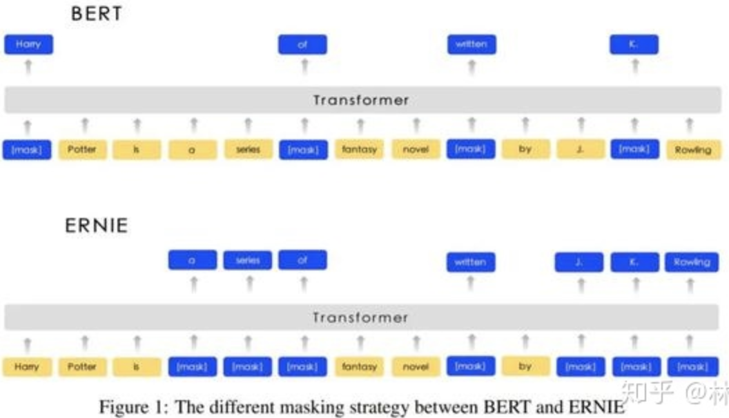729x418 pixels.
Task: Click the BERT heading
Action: tap(96, 14)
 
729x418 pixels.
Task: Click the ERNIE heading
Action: tap(97, 226)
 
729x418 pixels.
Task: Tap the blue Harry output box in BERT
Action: tap(28, 45)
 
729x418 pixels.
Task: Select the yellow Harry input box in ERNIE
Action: tap(27, 367)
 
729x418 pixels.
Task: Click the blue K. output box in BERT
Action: tap(634, 45)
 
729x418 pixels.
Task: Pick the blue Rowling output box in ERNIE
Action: tap(691, 262)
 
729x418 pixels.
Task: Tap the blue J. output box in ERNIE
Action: tap(579, 262)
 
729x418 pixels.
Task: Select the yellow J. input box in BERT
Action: tap(581, 150)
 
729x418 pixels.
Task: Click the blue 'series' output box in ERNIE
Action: tap(248, 261)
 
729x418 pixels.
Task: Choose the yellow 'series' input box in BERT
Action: tap(248, 150)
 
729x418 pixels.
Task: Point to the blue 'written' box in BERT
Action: tap(471, 45)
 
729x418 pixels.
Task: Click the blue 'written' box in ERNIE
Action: tap(471, 262)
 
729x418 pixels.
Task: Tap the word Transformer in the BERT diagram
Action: tap(360, 101)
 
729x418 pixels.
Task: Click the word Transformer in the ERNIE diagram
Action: tap(360, 318)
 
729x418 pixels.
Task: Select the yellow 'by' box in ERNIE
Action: tap(525, 367)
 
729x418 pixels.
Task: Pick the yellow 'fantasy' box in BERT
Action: tap(359, 150)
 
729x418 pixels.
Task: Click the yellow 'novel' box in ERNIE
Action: tap(416, 367)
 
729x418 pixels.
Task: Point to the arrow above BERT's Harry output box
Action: tap(28, 67)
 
